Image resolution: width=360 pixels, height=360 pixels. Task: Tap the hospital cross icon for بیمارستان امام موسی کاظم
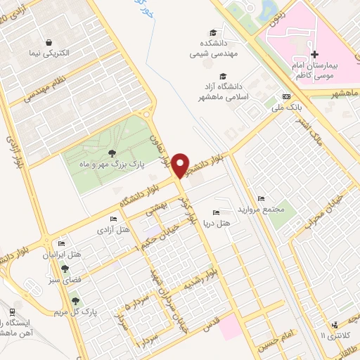[x=314, y=53]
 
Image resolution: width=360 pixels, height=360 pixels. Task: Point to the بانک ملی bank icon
[x=286, y=96]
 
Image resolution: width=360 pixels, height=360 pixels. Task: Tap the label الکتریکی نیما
[x=49, y=53]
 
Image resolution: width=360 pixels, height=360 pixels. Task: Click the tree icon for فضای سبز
[x=65, y=268]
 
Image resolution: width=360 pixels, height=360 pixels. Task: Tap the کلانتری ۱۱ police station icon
[x=334, y=324]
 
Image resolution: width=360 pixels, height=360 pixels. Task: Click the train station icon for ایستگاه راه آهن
[x=13, y=311]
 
